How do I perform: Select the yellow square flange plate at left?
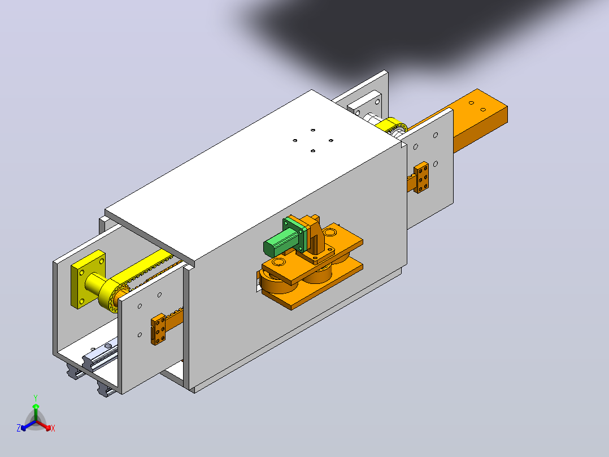88,279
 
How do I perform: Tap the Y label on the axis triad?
36,398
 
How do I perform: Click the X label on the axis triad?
53,428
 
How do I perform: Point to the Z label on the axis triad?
19,428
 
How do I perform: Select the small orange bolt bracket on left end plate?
158,329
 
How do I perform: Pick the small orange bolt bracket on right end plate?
421,178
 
